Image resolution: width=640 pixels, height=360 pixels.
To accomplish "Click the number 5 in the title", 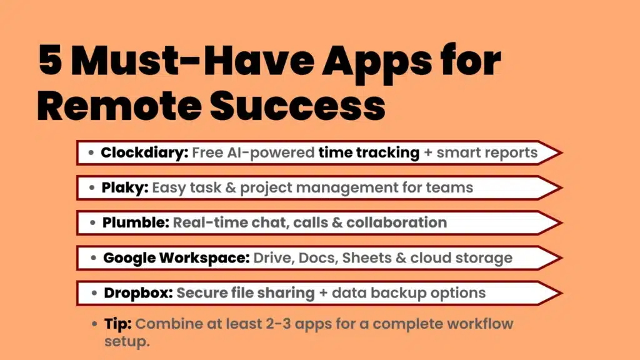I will (51, 62).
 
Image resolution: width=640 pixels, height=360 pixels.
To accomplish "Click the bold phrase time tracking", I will (369, 152).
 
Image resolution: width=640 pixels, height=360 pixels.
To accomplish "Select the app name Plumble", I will (135, 222).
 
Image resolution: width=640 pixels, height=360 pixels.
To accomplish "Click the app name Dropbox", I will (138, 292).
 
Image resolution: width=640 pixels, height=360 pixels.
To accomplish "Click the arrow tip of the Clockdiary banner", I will (560, 152).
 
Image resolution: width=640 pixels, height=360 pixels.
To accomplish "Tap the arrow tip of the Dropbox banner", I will (560, 292).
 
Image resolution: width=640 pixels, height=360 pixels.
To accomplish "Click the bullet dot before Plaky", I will (92, 188).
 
